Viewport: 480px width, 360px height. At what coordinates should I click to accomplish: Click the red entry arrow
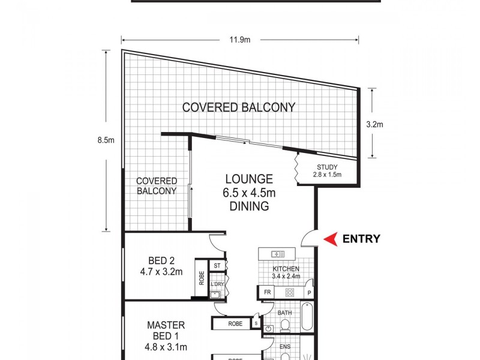click(331, 239)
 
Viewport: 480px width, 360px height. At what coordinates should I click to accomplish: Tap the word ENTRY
click(361, 239)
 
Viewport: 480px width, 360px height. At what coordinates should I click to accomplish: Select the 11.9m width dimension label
click(240, 40)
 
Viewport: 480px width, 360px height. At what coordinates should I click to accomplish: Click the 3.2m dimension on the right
click(374, 125)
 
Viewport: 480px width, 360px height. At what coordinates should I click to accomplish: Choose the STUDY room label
click(326, 167)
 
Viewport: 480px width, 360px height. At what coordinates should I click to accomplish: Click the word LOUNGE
click(249, 179)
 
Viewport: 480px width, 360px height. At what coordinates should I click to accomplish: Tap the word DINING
click(249, 206)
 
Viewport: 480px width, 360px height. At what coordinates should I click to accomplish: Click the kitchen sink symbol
click(278, 253)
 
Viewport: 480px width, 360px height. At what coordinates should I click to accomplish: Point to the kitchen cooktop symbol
click(289, 293)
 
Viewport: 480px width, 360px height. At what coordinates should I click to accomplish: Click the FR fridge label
click(266, 293)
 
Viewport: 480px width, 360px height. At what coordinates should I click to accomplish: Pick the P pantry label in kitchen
click(309, 293)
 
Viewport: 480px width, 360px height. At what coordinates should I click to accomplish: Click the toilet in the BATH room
click(286, 326)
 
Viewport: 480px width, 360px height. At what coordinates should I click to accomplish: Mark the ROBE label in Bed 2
click(202, 279)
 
